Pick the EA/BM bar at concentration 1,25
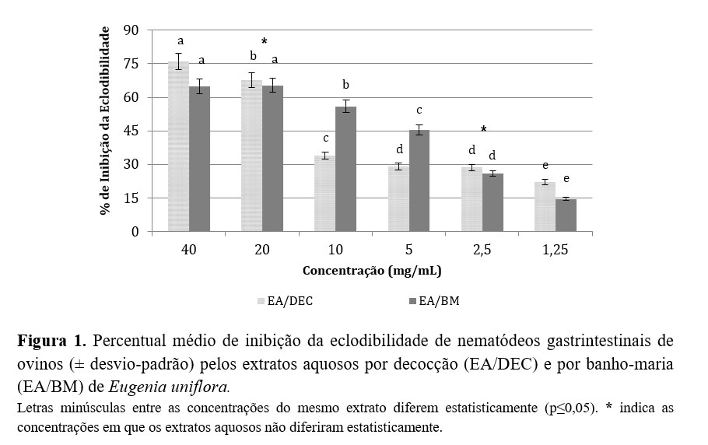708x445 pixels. tap(566, 215)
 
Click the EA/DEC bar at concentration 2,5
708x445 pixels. tap(471, 199)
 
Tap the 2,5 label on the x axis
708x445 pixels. tap(482, 250)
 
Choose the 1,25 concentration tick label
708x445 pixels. tap(555, 250)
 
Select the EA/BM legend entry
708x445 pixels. tap(436, 301)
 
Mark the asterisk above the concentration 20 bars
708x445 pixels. tap(264, 41)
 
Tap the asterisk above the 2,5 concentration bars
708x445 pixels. tap(483, 130)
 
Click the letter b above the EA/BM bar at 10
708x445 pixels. tap(346, 85)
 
